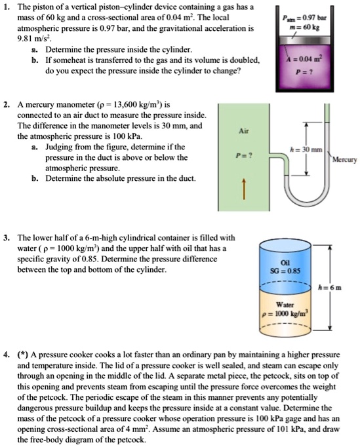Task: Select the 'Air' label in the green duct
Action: pos(242,132)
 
